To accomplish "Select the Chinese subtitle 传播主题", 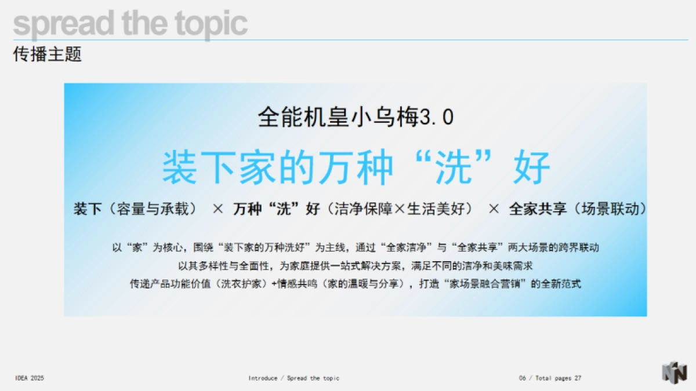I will click(48, 54).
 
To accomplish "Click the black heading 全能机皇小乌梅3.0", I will click(355, 118).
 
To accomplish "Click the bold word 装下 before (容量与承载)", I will click(88, 209).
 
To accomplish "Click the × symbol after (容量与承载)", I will click(217, 209).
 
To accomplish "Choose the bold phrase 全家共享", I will click(538, 209).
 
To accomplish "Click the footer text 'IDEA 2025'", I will click(30, 378).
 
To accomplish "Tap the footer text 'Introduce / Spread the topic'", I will click(294, 378).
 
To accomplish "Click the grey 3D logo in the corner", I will click(675, 372).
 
